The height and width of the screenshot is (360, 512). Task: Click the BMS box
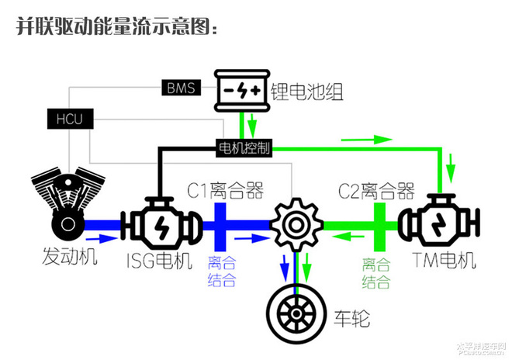(182, 87)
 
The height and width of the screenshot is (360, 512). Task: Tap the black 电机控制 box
(243, 147)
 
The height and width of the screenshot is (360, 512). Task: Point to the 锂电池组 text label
(306, 93)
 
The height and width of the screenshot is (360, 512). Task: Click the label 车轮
(354, 317)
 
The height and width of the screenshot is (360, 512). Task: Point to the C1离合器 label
(225, 190)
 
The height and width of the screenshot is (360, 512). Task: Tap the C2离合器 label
(376, 190)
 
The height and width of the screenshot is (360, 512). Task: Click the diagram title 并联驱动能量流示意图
(118, 27)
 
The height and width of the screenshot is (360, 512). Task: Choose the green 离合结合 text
(377, 272)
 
